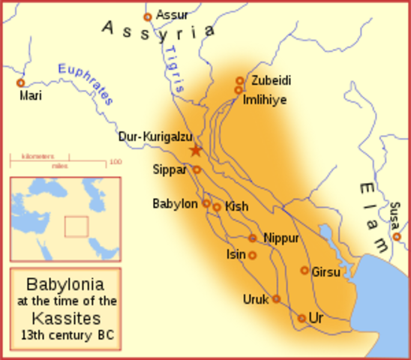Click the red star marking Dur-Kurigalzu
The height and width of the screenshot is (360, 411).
click(196, 150)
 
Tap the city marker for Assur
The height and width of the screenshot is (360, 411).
click(148, 16)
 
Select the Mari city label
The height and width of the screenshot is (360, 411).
click(30, 96)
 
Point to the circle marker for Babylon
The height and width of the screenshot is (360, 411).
click(206, 203)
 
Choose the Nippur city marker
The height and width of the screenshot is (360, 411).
click(253, 238)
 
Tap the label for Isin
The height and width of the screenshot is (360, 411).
click(235, 254)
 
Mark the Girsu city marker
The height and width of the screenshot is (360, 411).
click(304, 270)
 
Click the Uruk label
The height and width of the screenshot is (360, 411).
click(255, 299)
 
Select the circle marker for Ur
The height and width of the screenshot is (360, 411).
click(301, 318)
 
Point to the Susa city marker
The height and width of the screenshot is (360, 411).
click(397, 237)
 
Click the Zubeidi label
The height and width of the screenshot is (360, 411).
click(271, 80)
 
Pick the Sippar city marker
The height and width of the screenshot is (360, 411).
click(196, 169)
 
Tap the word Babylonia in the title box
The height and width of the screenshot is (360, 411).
click(65, 285)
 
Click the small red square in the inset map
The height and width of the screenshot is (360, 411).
click(76, 226)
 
